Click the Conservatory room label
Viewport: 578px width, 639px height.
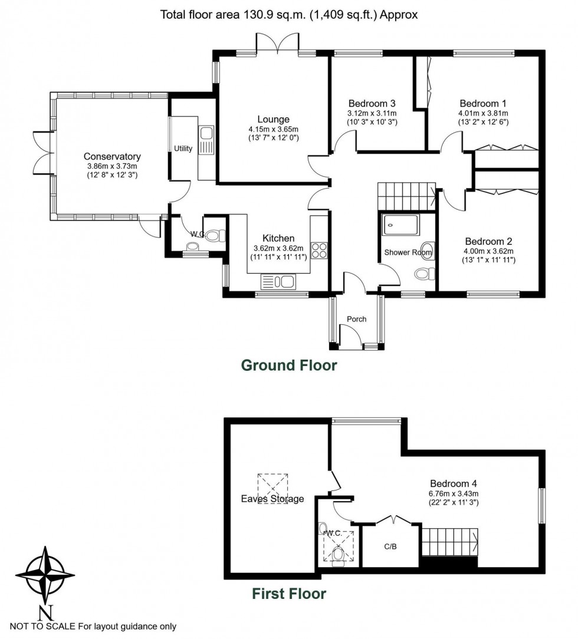[x=112, y=156]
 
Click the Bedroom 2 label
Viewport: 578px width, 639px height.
[x=488, y=241]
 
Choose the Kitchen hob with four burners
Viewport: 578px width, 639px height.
[x=319, y=250]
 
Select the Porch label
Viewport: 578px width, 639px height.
[x=356, y=319]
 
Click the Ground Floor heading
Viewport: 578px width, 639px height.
[x=289, y=365]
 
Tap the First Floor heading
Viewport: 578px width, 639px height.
[x=289, y=594]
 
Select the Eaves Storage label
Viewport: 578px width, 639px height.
[x=272, y=499]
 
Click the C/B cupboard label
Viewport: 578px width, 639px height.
[x=390, y=546]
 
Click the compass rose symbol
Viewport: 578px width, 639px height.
[x=40, y=575]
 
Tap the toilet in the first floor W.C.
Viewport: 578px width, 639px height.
[x=337, y=555]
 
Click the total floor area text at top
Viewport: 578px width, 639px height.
[x=289, y=15]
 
